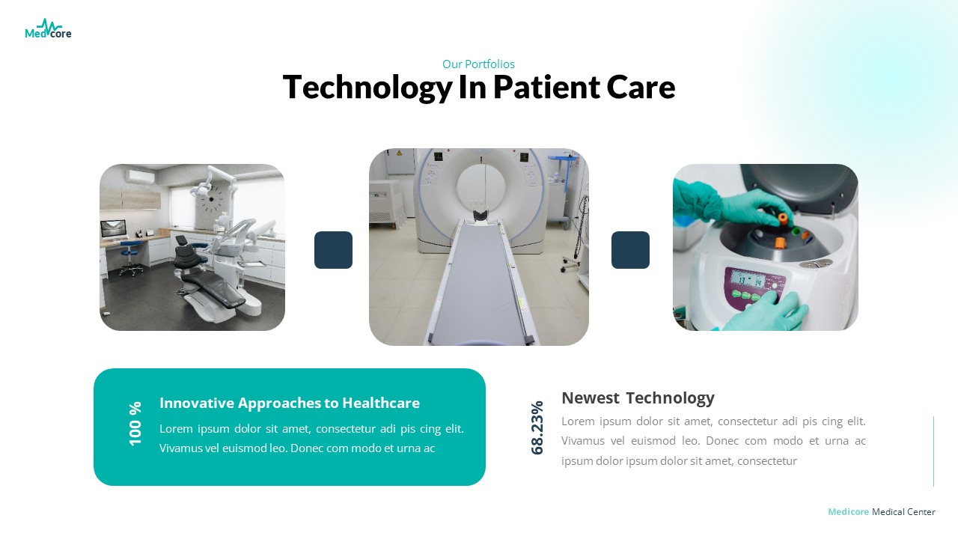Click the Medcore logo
(48, 30)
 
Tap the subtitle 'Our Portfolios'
(478, 64)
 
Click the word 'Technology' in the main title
(366, 88)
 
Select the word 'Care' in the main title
(641, 88)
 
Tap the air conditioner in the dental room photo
(140, 177)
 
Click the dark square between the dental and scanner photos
(333, 250)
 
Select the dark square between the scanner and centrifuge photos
(630, 250)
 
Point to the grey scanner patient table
(479, 284)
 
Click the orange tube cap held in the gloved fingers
(783, 218)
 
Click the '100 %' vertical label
(135, 424)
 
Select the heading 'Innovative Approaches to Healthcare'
(290, 404)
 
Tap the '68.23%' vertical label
(537, 427)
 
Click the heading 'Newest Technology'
(638, 398)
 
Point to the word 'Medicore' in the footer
(848, 512)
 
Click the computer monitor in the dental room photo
(115, 228)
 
